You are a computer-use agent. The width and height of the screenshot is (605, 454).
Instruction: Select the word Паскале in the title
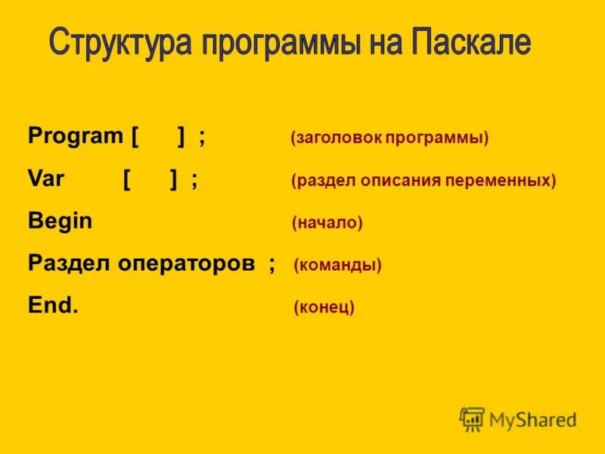[x=471, y=43]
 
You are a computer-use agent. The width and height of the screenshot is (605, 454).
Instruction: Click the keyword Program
[x=75, y=137]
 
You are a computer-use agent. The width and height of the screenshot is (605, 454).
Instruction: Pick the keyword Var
[x=46, y=179]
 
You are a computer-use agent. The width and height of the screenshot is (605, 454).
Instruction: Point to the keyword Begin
[x=60, y=222]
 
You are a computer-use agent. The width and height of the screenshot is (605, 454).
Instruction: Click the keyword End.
[x=52, y=306]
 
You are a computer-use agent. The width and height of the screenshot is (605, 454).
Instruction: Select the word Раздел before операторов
[x=69, y=263]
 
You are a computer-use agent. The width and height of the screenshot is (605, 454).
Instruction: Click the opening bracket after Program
[x=135, y=138]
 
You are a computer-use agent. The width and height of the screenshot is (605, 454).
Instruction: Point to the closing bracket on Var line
[x=174, y=180]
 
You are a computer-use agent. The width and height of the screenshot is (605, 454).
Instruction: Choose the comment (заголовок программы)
[x=389, y=138]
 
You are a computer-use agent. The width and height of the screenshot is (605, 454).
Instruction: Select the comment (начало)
[x=327, y=223]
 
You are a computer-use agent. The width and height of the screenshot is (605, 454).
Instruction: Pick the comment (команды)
[x=337, y=266]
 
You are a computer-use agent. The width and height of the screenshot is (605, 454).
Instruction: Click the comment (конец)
[x=324, y=308]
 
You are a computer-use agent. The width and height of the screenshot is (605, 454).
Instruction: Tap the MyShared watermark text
[x=533, y=419]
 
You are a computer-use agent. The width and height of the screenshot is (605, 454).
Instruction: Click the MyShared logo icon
[x=473, y=419]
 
